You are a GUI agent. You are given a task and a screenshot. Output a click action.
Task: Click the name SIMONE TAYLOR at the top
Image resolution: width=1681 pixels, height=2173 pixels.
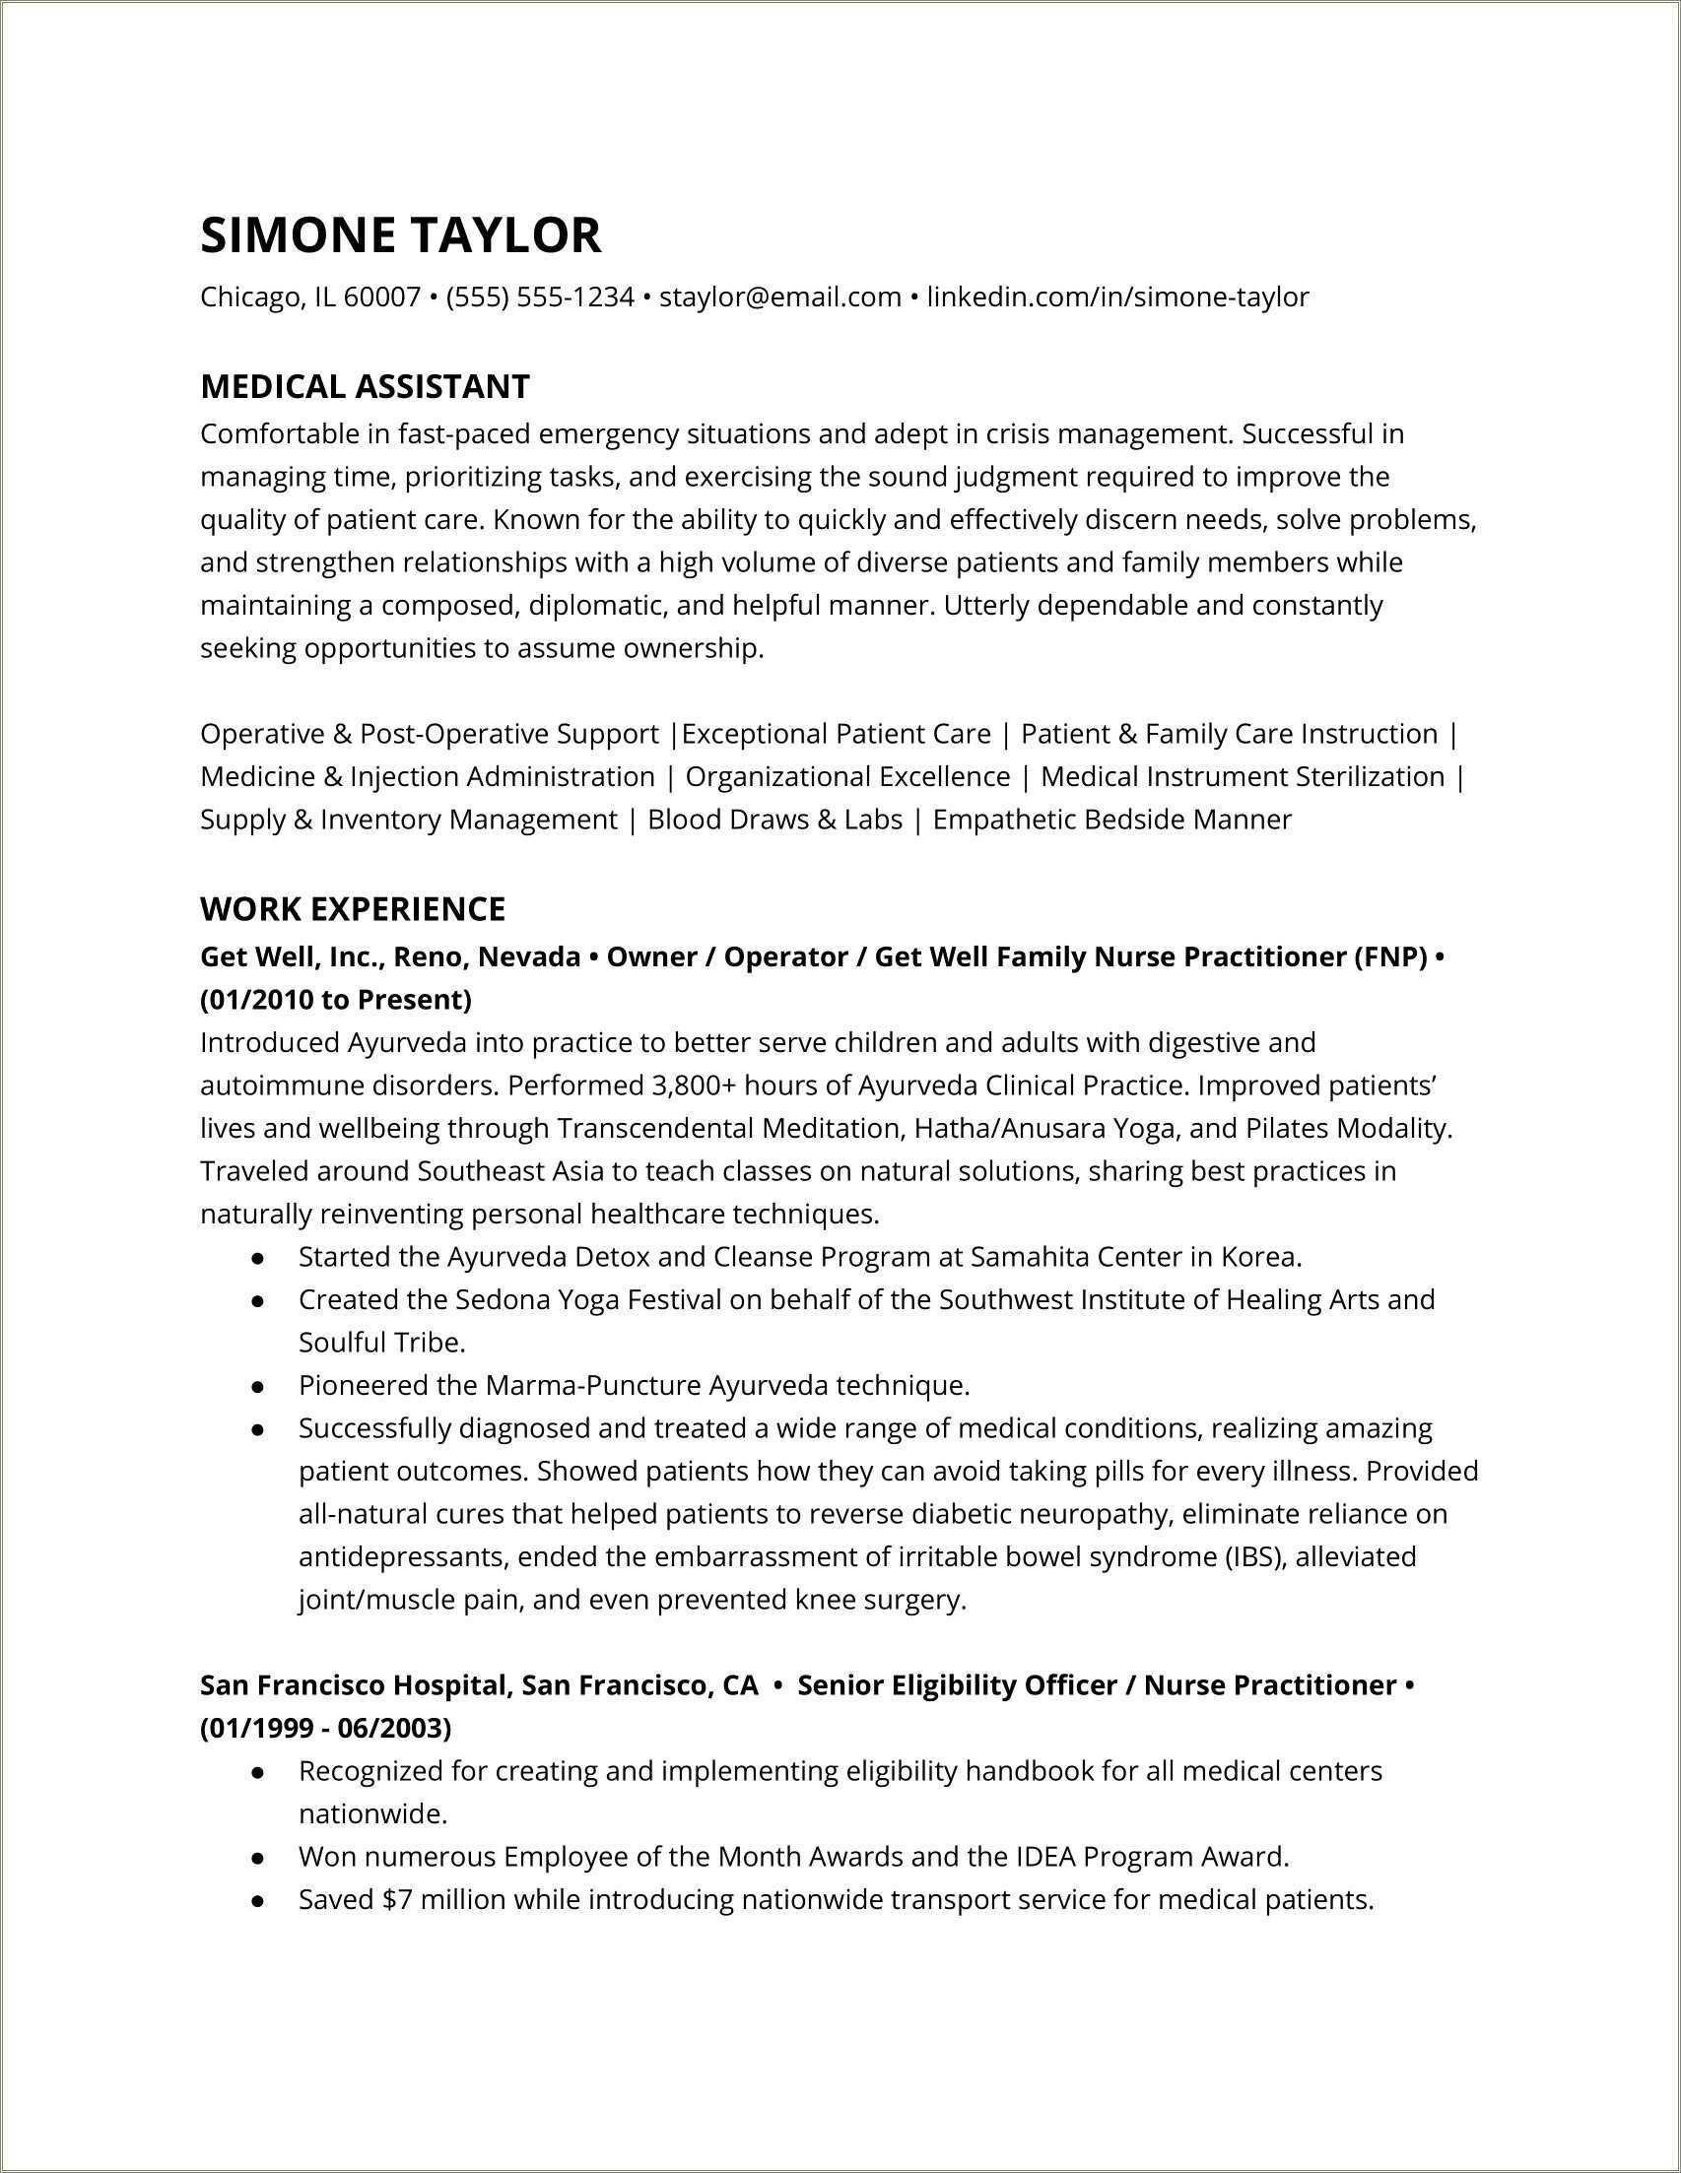click(400, 234)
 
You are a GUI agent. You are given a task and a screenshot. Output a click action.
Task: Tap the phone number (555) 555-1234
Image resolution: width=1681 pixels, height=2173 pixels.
click(539, 296)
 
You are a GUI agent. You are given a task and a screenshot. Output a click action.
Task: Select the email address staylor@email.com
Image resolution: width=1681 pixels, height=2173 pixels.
click(779, 296)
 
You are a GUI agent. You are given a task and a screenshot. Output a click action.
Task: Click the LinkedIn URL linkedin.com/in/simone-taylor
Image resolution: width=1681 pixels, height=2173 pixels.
click(1116, 296)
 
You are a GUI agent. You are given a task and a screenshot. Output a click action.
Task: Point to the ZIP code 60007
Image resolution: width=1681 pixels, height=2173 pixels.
click(381, 296)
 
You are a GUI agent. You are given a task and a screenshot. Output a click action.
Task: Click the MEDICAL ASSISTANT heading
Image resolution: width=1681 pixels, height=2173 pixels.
click(365, 386)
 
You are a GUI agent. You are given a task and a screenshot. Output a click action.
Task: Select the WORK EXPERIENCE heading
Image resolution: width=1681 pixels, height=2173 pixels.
click(353, 908)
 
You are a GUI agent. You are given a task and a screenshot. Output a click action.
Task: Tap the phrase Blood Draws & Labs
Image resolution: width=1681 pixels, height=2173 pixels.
click(774, 819)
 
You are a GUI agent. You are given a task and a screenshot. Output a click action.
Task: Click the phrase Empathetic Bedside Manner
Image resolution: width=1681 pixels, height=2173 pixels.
click(1110, 819)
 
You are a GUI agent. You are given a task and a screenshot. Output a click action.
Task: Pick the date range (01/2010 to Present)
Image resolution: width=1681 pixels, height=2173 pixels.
click(335, 999)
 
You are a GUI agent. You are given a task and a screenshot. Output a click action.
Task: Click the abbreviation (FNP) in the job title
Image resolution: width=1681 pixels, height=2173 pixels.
click(1389, 956)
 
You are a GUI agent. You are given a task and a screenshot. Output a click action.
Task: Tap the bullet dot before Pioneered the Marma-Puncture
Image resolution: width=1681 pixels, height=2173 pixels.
click(258, 1386)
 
